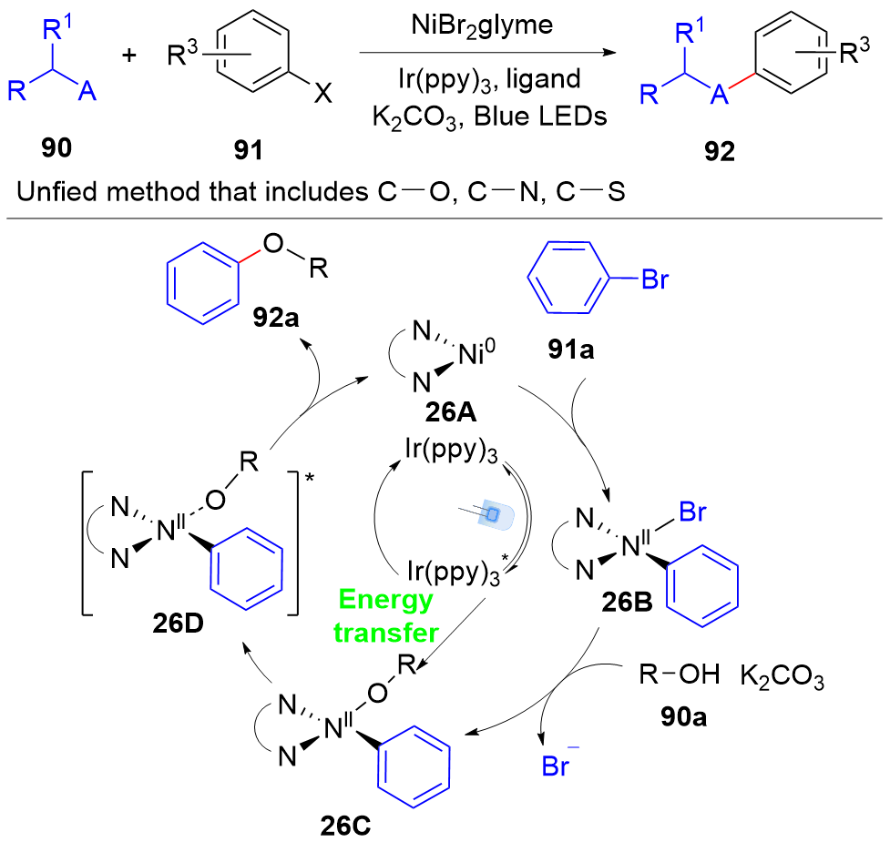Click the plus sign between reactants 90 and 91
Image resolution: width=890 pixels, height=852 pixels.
tap(129, 56)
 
